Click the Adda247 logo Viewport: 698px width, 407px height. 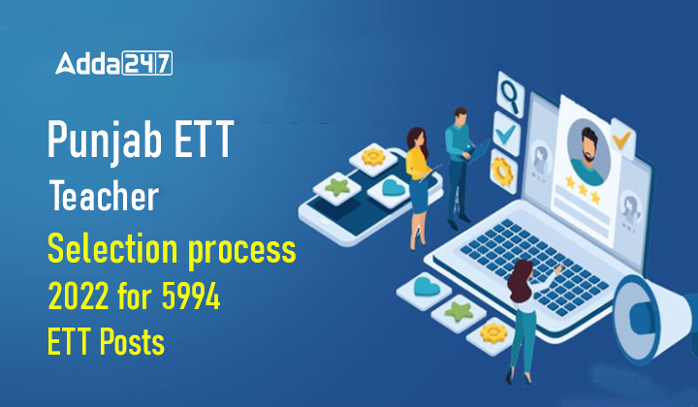click(x=113, y=65)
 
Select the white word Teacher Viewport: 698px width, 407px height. click(x=103, y=197)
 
